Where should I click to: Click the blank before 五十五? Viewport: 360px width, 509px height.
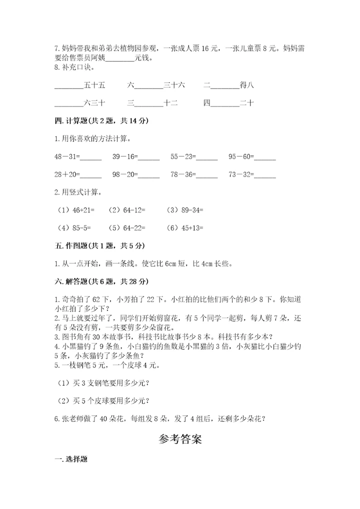click(68, 86)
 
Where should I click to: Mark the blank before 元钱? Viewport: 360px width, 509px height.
click(120, 58)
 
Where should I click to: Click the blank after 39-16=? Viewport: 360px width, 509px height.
click(148, 158)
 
